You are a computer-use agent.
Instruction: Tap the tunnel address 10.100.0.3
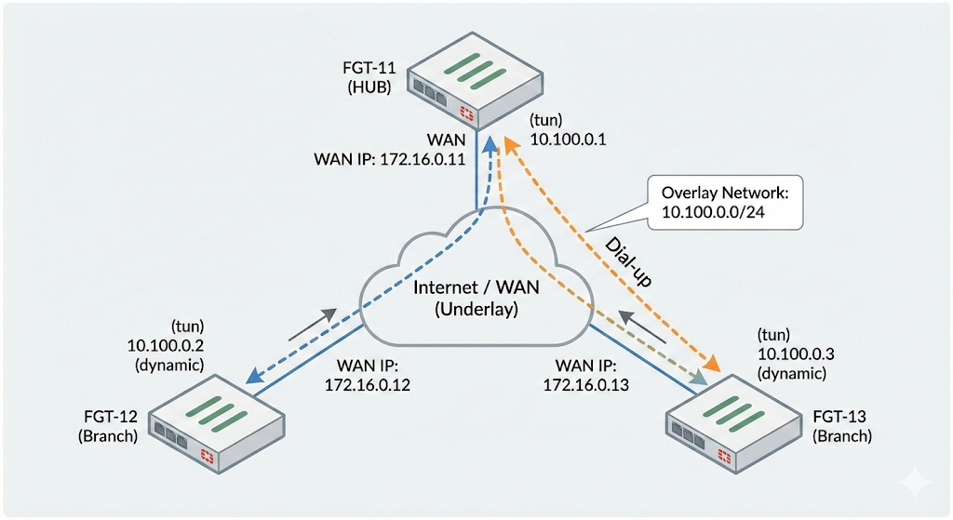789,354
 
